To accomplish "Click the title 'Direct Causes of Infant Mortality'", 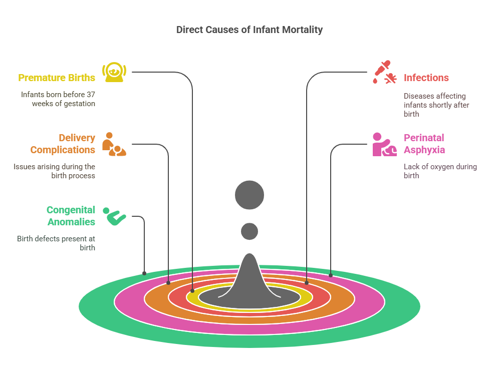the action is coord(250,30).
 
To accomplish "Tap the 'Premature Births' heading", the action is coord(57,78).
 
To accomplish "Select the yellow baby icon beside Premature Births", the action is coord(114,72).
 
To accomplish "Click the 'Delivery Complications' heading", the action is coord(63,144).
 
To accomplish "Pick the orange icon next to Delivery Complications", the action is coord(114,144).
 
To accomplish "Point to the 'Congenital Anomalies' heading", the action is coord(71,216).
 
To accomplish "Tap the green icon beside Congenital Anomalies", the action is coord(114,216).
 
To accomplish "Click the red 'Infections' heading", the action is coord(426,78).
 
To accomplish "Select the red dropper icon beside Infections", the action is coord(384,72).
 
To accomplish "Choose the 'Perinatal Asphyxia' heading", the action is coord(424,144).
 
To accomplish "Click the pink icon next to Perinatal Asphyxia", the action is coord(384,144).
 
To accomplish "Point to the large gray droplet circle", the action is coord(250,195).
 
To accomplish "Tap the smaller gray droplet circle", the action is coord(250,231).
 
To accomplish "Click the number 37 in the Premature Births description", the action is coord(91,95).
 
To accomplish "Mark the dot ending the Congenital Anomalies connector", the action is coord(144,273).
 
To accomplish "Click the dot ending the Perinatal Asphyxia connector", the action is coord(331,275).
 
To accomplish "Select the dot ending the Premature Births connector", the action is coord(192,291).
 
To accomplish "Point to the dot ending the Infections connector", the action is coord(307,283).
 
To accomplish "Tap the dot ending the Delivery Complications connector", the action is coord(168,283).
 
